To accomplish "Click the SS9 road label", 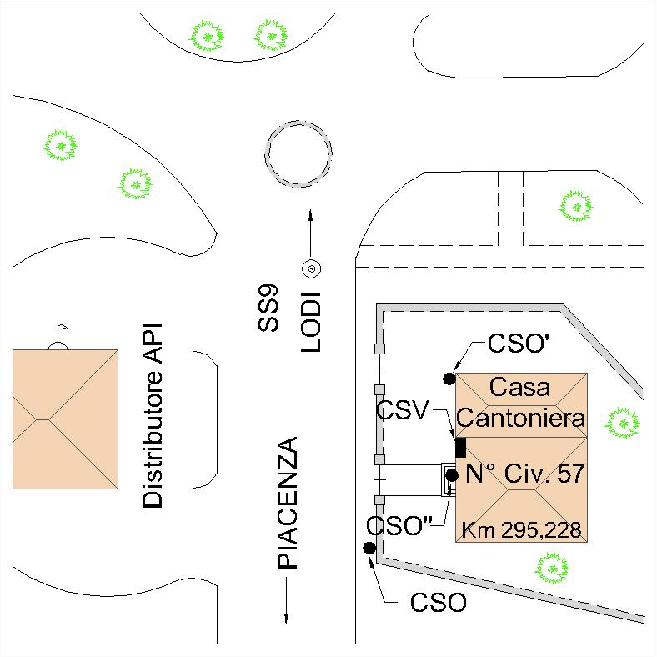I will pyautogui.click(x=268, y=308).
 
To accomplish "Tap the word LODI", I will pyautogui.click(x=311, y=322).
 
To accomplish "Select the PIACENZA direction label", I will pyautogui.click(x=288, y=503).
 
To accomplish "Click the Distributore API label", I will pyautogui.click(x=153, y=416).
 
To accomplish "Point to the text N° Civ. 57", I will pyautogui.click(x=525, y=474).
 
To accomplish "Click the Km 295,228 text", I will pyautogui.click(x=522, y=529).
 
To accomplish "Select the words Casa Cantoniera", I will pyautogui.click(x=521, y=402).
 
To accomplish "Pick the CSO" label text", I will pyautogui.click(x=399, y=526).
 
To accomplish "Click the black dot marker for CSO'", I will pyautogui.click(x=449, y=379).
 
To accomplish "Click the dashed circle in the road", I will pyautogui.click(x=298, y=154).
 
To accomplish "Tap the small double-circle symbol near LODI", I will pyautogui.click(x=311, y=268).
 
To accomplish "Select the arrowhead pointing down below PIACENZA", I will pyautogui.click(x=288, y=618).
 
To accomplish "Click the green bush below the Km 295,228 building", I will pyautogui.click(x=551, y=569).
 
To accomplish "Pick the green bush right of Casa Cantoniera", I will pyautogui.click(x=622, y=423).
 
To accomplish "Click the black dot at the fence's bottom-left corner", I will pyautogui.click(x=369, y=548).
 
